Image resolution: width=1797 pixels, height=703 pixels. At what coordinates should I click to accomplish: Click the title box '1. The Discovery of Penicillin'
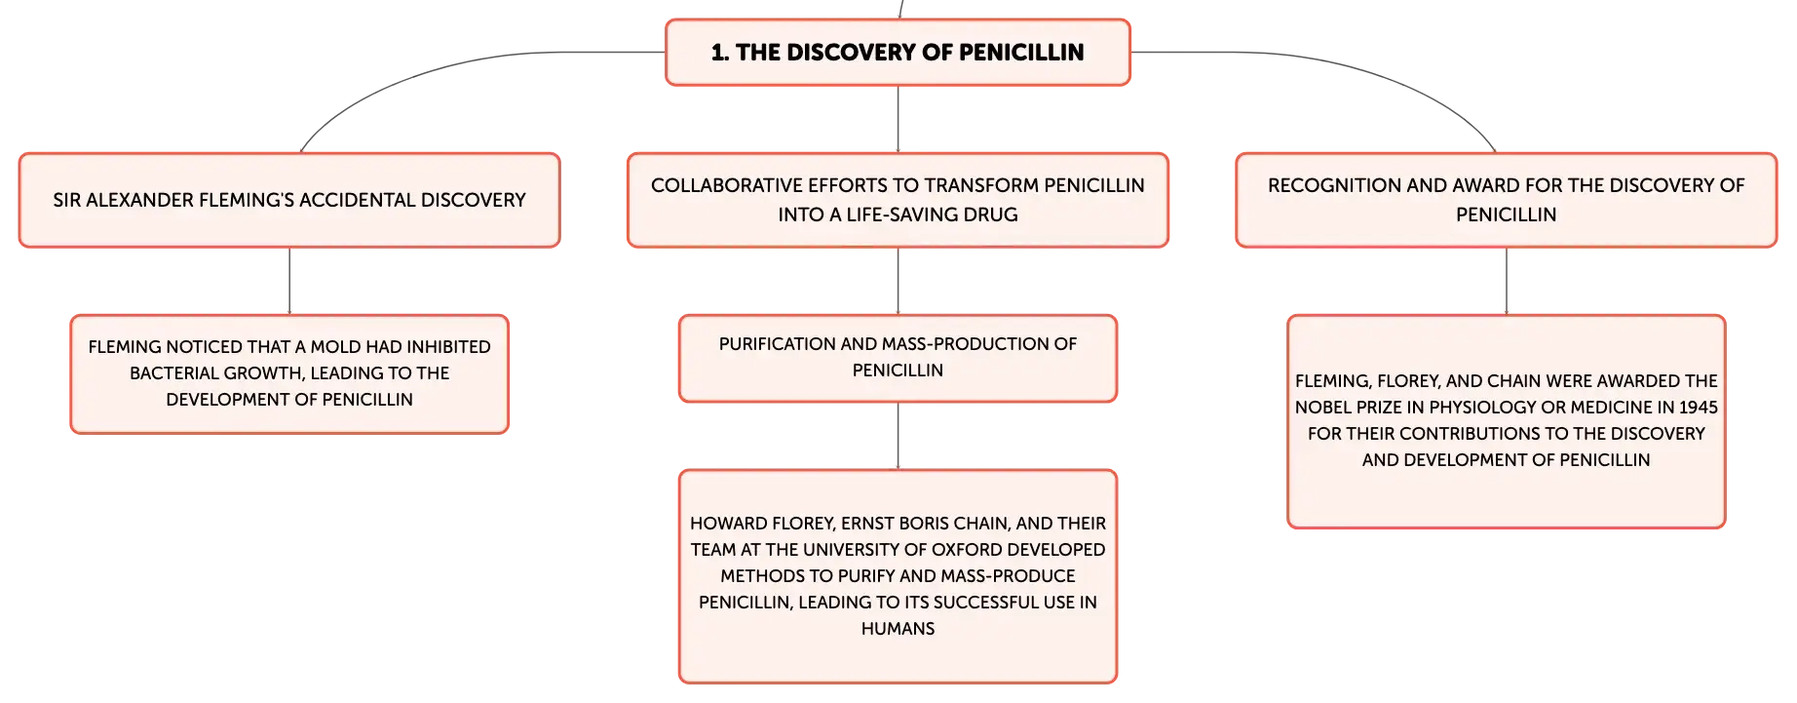coord(898,53)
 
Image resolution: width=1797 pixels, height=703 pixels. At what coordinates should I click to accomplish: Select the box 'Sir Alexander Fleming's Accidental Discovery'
coord(289,200)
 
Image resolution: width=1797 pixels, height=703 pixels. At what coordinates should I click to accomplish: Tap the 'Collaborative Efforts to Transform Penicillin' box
coord(898,200)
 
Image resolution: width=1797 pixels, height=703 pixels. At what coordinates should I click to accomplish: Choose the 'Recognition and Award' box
coord(1507,200)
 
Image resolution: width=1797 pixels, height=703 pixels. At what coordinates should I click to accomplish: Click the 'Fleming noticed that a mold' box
coord(289,373)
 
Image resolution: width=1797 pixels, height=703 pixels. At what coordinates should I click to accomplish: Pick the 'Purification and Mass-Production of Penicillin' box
coord(898,358)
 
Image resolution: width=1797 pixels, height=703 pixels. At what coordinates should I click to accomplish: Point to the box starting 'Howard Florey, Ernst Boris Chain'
coord(898,576)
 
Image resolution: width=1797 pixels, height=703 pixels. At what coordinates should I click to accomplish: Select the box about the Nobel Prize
coord(1507,421)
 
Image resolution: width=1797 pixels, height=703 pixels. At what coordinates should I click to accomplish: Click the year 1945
coord(1698,408)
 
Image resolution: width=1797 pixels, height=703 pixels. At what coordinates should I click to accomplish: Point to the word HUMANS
coord(898,629)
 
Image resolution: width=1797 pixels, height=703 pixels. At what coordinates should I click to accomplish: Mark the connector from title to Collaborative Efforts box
coord(898,119)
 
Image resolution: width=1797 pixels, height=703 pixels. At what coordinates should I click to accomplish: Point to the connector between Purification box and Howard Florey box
coord(898,436)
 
